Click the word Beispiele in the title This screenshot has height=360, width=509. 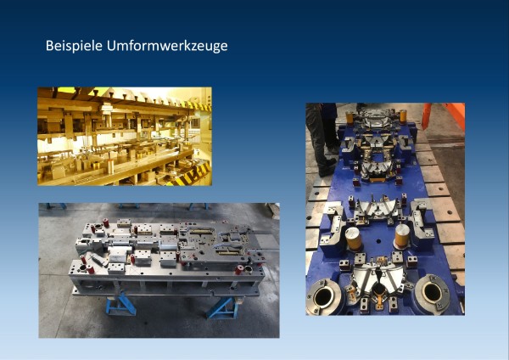coord(75,46)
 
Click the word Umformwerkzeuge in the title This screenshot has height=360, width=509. coord(167,47)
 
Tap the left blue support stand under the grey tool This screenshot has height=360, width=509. coord(120,304)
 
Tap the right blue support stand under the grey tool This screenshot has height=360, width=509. coord(220,307)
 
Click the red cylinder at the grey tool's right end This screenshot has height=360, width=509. coord(239,270)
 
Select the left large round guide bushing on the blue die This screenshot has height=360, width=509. coord(323,296)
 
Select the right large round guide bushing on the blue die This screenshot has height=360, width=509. coord(433,293)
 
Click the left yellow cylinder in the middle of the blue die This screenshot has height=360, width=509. coord(353,239)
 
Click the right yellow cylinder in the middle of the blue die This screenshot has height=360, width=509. coord(402,236)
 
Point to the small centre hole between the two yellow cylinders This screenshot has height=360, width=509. coord(378,241)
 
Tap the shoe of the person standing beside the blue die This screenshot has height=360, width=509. coord(327,170)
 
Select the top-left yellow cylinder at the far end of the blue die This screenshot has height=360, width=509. coord(350,118)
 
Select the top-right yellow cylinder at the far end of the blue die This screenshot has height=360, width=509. coord(403,116)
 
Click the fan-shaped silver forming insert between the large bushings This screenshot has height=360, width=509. coord(379,277)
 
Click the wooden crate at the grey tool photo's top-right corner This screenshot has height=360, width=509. coord(273,211)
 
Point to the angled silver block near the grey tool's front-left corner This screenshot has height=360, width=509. coord(96,259)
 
